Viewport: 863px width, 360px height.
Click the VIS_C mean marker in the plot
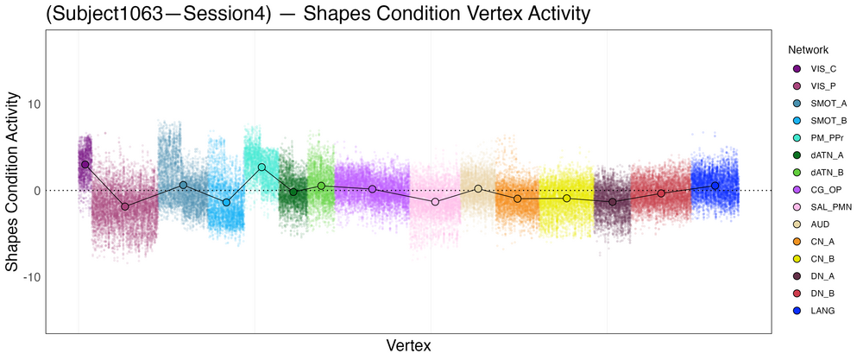(85, 164)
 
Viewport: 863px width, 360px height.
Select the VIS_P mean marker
(125, 206)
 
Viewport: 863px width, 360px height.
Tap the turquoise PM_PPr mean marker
(261, 167)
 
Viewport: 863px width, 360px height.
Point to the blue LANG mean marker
(715, 186)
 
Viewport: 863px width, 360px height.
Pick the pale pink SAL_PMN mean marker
(435, 201)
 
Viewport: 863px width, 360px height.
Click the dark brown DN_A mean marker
(613, 202)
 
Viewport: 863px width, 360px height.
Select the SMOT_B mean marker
(227, 202)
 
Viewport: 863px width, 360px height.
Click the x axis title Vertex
(409, 345)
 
